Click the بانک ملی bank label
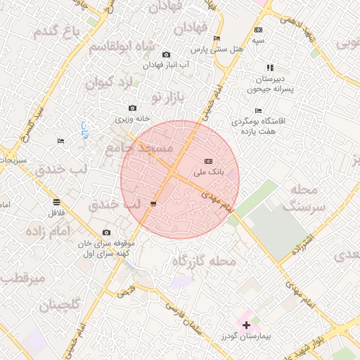(207, 172)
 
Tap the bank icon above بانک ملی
(207, 162)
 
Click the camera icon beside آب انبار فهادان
(166, 55)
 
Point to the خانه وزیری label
(133, 119)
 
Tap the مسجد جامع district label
(139, 148)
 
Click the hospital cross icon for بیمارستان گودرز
(246, 325)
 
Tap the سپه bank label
(259, 41)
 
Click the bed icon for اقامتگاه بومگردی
(258, 110)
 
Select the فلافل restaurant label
(56, 212)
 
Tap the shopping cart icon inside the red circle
(153, 204)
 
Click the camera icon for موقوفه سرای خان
(106, 233)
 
